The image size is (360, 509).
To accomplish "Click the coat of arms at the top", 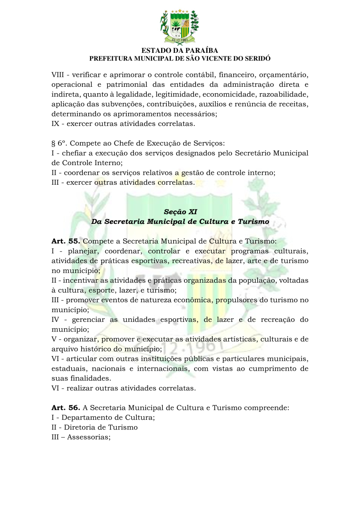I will pyautogui.click(x=180, y=26).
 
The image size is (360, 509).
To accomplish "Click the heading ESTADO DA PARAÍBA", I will pyautogui.click(x=180, y=51).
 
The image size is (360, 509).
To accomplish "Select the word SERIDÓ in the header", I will pyautogui.click(x=257, y=58).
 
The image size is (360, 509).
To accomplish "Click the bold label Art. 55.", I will pyautogui.click(x=66, y=242).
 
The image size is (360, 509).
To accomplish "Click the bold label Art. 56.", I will pyautogui.click(x=66, y=408).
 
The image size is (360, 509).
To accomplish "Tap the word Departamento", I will pyautogui.click(x=90, y=417).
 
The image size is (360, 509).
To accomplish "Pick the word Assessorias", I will pyautogui.click(x=88, y=437).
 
